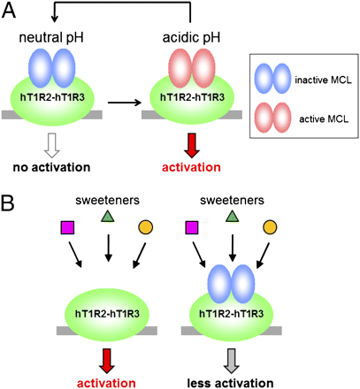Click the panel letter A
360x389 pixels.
point(9,11)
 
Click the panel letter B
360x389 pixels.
point(8,202)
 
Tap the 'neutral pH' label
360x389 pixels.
point(51,38)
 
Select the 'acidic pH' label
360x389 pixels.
point(191,38)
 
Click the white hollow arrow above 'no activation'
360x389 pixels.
point(52,146)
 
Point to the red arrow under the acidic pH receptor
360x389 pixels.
point(192,146)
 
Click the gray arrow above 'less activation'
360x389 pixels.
point(231,361)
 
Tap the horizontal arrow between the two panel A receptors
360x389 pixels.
point(125,103)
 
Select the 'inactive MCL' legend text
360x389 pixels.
point(323,80)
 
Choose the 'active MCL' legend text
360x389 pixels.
point(324,118)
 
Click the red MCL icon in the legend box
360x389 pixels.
point(272,118)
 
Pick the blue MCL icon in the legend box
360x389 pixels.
point(272,79)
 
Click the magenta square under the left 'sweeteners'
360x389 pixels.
point(67,227)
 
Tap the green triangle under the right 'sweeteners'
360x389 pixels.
point(233,217)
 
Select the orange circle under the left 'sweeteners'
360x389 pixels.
point(145,227)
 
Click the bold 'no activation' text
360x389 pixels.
point(51,167)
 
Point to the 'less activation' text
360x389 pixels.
point(230,383)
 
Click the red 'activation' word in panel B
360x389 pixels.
point(106,383)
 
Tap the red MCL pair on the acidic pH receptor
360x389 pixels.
point(192,68)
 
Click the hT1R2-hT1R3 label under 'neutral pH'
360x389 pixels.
point(52,97)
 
